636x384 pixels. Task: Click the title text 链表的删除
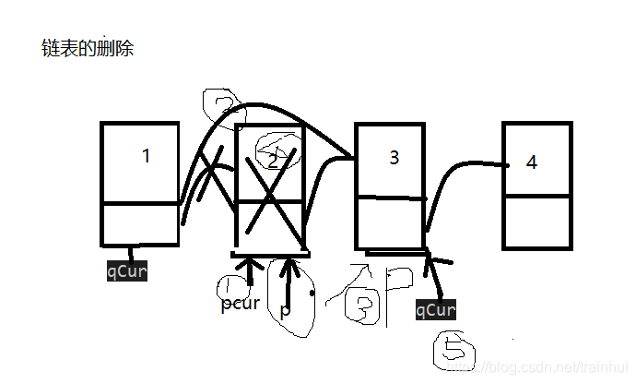pyautogui.click(x=88, y=48)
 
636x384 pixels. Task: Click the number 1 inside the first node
pyautogui.click(x=146, y=155)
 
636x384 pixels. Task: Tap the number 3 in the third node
pyautogui.click(x=394, y=157)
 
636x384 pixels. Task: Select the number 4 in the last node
pyautogui.click(x=531, y=162)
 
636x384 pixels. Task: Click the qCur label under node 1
pyautogui.click(x=127, y=271)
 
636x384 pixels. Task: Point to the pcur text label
pyautogui.click(x=240, y=303)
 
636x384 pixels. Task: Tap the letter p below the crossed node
pyautogui.click(x=285, y=310)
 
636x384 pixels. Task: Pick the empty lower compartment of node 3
pyautogui.click(x=390, y=222)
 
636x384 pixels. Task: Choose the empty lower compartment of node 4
pyautogui.click(x=537, y=222)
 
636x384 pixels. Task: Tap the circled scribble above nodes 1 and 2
pyautogui.click(x=221, y=107)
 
